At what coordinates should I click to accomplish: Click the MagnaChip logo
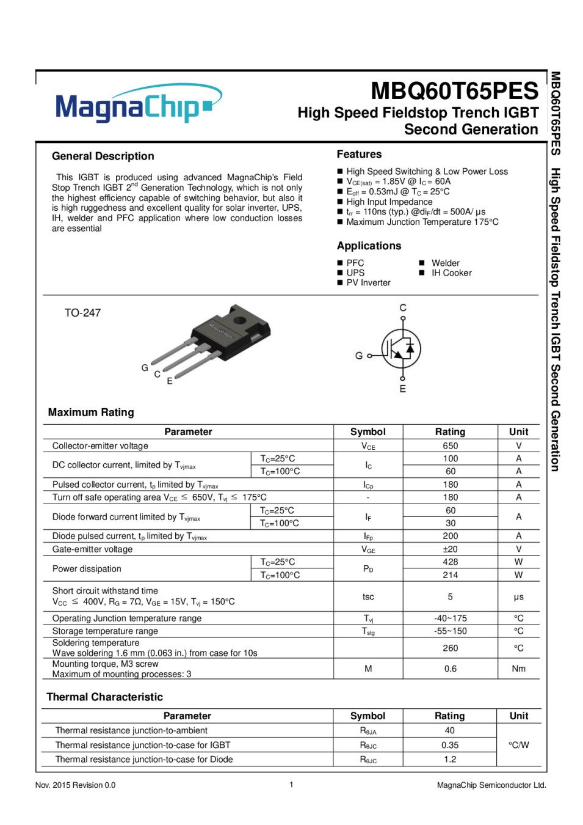pos(138,104)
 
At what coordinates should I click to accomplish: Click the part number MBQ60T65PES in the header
pos(454,91)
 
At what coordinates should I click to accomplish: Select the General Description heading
pos(103,156)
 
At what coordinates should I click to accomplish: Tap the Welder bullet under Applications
pos(445,263)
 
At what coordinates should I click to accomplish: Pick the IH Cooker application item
pos(451,273)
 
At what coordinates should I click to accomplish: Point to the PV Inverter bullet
pos(368,283)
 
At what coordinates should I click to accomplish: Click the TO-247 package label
pos(82,313)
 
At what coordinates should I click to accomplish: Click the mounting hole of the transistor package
pos(239,320)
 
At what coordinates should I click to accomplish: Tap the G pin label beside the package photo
pos(145,368)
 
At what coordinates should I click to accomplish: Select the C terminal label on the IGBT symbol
pos(402,307)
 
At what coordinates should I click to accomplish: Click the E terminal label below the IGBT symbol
pos(402,389)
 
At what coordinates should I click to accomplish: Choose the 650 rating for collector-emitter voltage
pos(450,446)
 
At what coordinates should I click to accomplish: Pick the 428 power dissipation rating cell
pos(450,562)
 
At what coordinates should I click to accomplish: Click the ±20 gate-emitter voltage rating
pos(450,549)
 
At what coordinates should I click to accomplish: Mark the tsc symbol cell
pos(368,596)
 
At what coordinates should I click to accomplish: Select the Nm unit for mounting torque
pos(518,669)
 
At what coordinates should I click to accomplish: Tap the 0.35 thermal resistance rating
pos(449,745)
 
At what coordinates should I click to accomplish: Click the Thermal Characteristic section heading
pos(104,697)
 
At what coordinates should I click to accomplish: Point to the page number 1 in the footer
pos(291,784)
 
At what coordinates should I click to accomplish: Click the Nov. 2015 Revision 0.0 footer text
pos(75,785)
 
